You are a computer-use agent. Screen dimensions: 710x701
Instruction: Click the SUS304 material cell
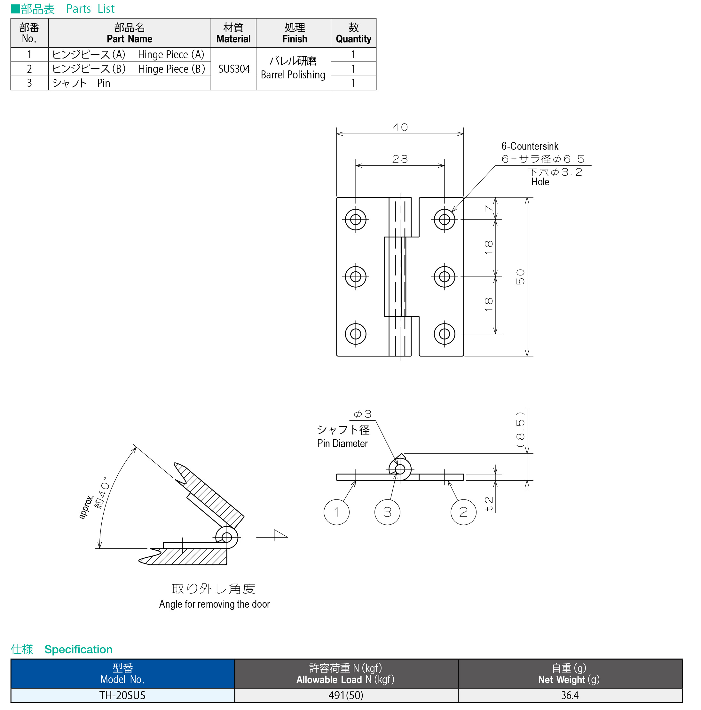(234, 69)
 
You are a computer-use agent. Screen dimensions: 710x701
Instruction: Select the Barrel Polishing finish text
(293, 75)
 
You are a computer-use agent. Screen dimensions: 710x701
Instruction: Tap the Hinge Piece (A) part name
(171, 55)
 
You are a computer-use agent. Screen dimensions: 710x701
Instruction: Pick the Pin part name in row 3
(104, 83)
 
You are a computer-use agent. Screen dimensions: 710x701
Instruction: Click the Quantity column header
(353, 33)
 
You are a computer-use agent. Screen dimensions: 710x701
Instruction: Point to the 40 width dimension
(400, 127)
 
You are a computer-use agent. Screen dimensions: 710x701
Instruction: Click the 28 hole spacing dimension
(400, 159)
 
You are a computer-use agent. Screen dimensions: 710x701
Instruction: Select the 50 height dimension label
(520, 277)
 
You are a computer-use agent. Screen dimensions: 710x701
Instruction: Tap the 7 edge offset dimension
(488, 208)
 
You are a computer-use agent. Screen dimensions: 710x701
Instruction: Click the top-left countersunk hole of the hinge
(355, 219)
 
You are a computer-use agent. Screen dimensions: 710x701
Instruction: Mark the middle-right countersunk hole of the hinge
(444, 276)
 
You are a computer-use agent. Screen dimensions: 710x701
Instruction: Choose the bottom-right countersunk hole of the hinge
(444, 334)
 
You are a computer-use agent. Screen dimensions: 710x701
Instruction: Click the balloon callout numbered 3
(387, 512)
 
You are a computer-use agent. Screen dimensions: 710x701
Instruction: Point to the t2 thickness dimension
(488, 504)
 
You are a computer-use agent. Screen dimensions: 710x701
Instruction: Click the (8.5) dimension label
(520, 429)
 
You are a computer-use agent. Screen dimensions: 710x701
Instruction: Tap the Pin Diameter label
(342, 443)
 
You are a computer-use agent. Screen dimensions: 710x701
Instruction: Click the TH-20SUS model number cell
(122, 695)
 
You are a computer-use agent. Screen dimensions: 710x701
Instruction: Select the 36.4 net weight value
(570, 695)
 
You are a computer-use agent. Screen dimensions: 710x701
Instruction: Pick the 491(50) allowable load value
(346, 695)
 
